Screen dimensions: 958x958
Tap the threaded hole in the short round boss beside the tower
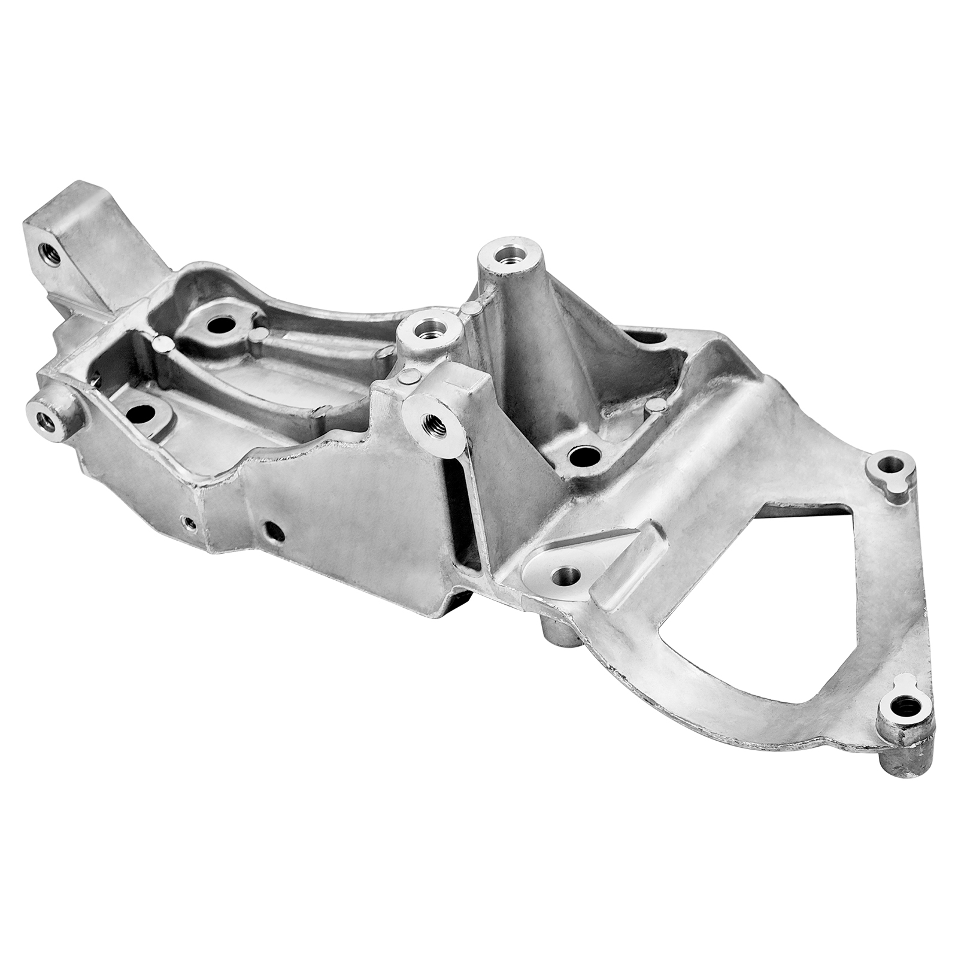click(x=429, y=327)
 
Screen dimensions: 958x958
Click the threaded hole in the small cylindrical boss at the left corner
click(x=46, y=419)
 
